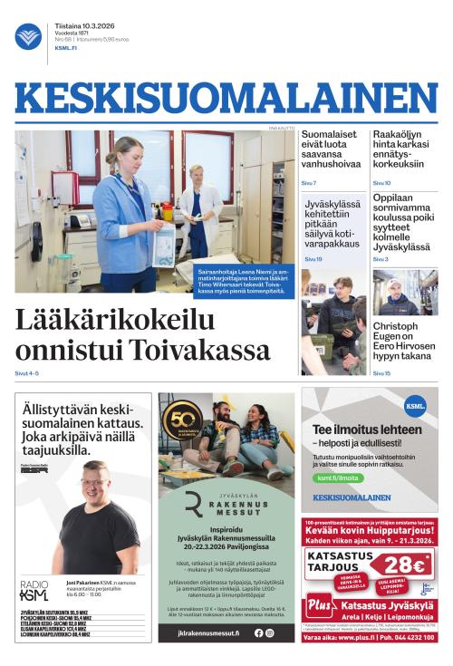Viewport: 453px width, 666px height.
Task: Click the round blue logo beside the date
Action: point(28,36)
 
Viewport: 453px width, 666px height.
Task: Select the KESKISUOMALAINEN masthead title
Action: point(226,98)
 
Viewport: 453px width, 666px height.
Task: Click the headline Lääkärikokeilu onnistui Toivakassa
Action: point(142,335)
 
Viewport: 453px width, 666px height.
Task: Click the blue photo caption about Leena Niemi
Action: point(245,275)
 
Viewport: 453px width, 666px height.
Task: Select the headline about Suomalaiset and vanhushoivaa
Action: point(332,153)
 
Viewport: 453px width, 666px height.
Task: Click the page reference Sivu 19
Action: point(313,259)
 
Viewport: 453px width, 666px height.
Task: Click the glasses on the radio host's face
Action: point(94,478)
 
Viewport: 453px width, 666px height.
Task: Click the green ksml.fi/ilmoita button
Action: point(337,477)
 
